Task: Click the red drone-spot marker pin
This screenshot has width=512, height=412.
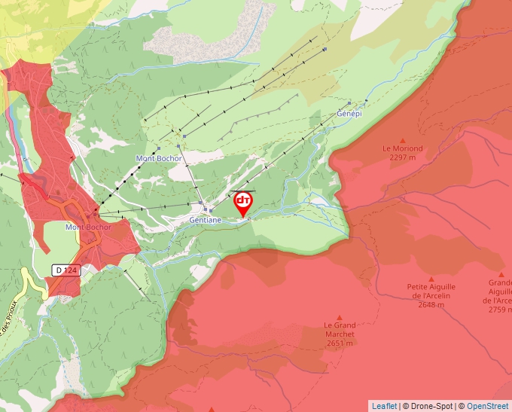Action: pyautogui.click(x=243, y=203)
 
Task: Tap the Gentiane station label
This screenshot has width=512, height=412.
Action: pyautogui.click(x=206, y=220)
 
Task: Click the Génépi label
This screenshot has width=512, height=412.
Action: pyautogui.click(x=349, y=113)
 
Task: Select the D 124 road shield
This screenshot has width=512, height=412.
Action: pyautogui.click(x=66, y=270)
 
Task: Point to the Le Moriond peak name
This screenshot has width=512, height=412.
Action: pyautogui.click(x=402, y=148)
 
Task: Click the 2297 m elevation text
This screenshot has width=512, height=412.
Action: pyautogui.click(x=402, y=157)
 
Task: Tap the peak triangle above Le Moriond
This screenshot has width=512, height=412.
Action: pyautogui.click(x=402, y=140)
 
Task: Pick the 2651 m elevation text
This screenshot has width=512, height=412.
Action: pyautogui.click(x=339, y=343)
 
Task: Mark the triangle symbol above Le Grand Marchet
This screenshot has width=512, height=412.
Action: pyautogui.click(x=339, y=318)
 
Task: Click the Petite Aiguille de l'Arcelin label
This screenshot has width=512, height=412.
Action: pyautogui.click(x=431, y=291)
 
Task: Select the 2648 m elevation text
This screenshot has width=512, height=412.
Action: pyautogui.click(x=431, y=305)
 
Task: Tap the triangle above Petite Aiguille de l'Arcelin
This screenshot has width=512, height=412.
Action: pyautogui.click(x=431, y=278)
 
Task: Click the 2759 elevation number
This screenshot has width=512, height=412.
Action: pyautogui.click(x=497, y=309)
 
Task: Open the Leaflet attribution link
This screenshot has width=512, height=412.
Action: pyautogui.click(x=384, y=406)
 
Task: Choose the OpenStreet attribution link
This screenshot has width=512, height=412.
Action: pyautogui.click(x=488, y=406)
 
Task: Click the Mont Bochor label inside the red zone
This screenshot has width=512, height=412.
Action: pyautogui.click(x=88, y=227)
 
